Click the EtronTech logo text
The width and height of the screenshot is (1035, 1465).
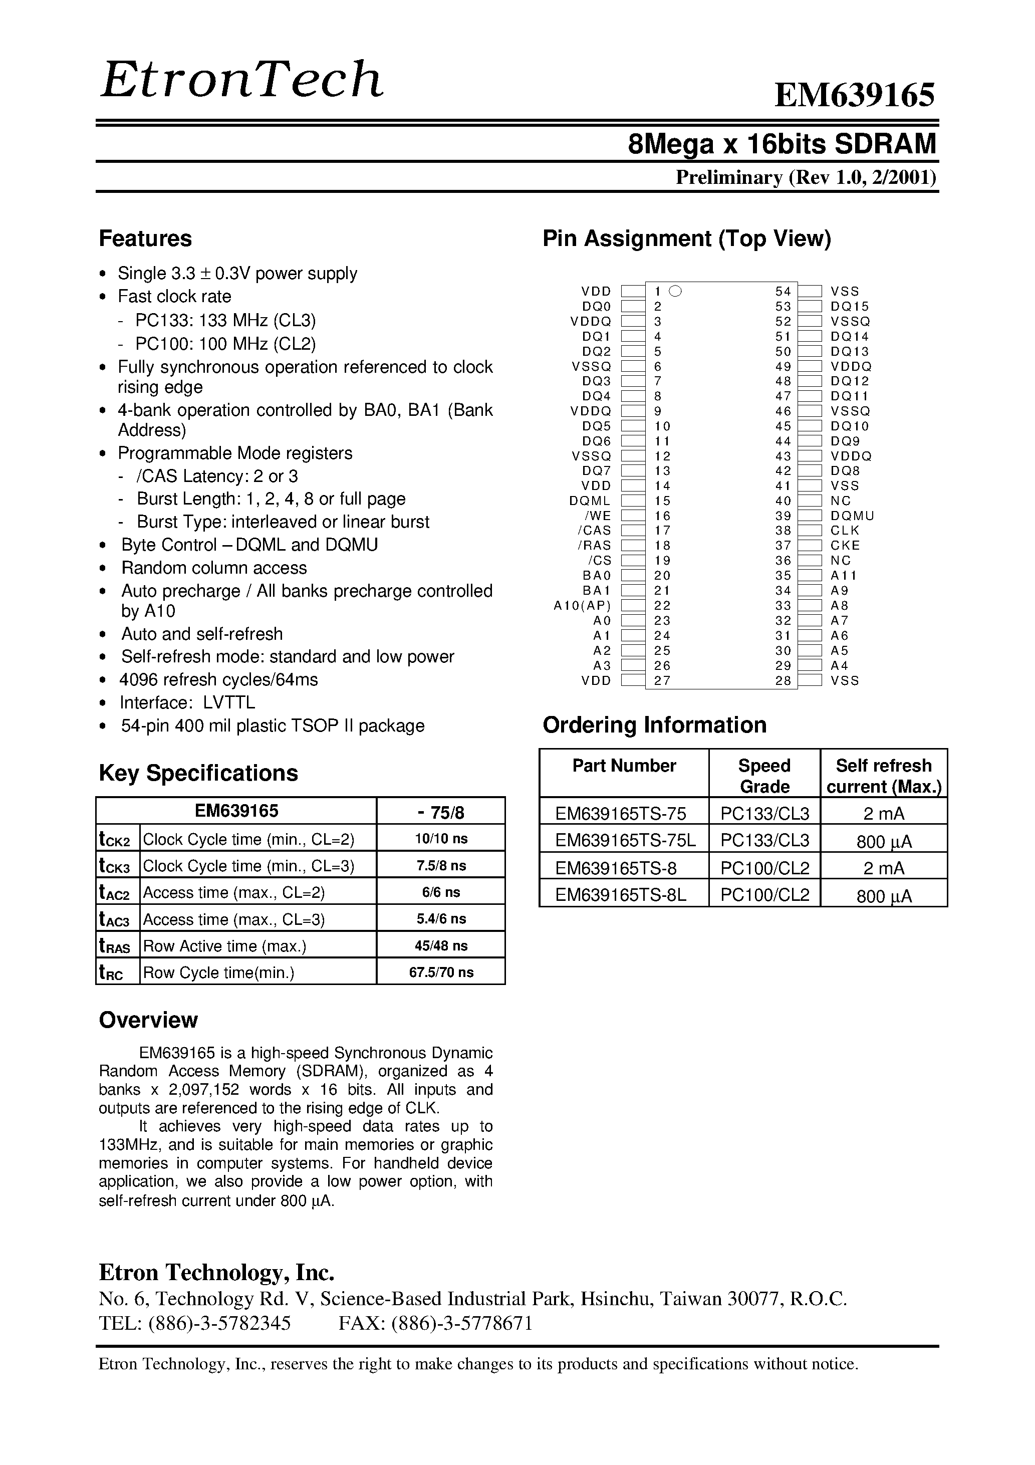(x=241, y=80)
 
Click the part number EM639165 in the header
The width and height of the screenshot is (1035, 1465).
(x=855, y=96)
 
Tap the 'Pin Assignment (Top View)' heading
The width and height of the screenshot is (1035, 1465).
(x=687, y=238)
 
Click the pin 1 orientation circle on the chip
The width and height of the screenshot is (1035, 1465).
(x=676, y=291)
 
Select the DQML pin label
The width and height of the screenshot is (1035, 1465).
(x=590, y=501)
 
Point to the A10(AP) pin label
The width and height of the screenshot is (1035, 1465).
(x=582, y=606)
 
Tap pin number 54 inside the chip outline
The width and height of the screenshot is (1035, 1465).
(x=783, y=292)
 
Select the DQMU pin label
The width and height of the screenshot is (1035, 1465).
(x=852, y=516)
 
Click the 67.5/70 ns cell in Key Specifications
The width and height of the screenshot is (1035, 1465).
(x=441, y=972)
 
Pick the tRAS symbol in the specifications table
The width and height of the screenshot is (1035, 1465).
(x=115, y=946)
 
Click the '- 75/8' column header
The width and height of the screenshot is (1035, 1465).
(x=441, y=812)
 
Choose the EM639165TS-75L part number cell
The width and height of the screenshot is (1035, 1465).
(x=625, y=840)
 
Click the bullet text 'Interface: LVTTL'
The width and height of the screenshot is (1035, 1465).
(x=187, y=702)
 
